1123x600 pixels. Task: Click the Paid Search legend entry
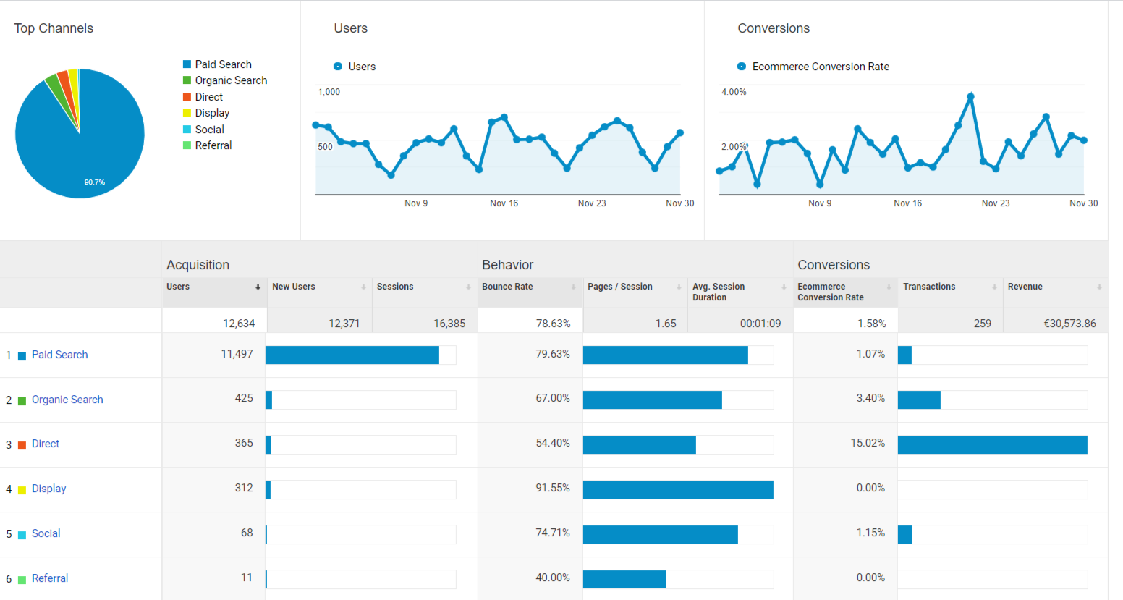pyautogui.click(x=218, y=64)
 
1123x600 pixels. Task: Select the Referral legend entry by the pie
pyautogui.click(x=208, y=145)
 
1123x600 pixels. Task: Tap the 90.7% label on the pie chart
pyautogui.click(x=95, y=182)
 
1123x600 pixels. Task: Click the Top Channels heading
pyautogui.click(x=54, y=28)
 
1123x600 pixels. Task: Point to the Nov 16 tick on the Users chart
pyautogui.click(x=504, y=203)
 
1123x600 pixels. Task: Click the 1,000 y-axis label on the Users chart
pyautogui.click(x=329, y=92)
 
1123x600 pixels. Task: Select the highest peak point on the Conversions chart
pyautogui.click(x=970, y=97)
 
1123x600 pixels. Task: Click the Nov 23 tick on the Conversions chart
pyautogui.click(x=996, y=203)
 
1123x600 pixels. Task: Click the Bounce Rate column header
pyautogui.click(x=507, y=287)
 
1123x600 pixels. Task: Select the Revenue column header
pyautogui.click(x=1025, y=287)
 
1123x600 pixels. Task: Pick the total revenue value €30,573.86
pyautogui.click(x=1070, y=324)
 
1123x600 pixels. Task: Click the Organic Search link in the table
pyautogui.click(x=67, y=400)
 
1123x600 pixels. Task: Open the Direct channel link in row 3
pyautogui.click(x=46, y=444)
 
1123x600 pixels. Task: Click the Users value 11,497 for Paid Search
pyautogui.click(x=237, y=354)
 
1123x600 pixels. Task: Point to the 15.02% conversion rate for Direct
pyautogui.click(x=868, y=443)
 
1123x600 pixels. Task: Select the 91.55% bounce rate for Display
pyautogui.click(x=553, y=488)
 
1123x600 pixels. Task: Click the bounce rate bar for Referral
pyautogui.click(x=624, y=579)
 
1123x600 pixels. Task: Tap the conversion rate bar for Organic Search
pyautogui.click(x=919, y=400)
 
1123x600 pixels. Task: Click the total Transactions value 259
pyautogui.click(x=983, y=324)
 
